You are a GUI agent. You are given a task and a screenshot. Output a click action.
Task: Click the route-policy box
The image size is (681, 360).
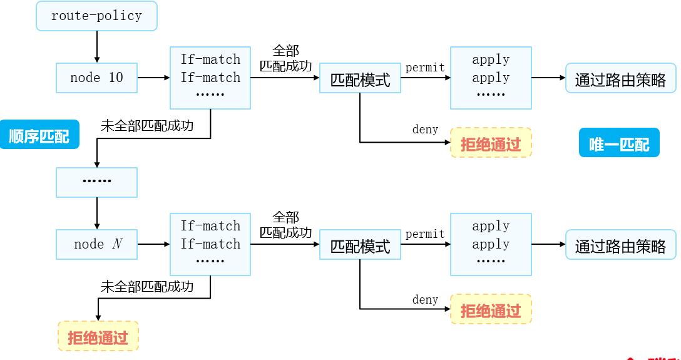pyautogui.click(x=96, y=16)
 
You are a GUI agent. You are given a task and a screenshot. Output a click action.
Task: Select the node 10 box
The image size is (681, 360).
pyautogui.click(x=96, y=78)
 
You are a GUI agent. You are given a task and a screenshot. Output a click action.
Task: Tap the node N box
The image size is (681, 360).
pyautogui.click(x=96, y=244)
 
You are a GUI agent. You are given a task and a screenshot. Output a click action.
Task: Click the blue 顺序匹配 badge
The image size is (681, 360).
pyautogui.click(x=39, y=135)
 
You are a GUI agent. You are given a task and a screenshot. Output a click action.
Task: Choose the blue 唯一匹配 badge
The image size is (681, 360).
pyautogui.click(x=619, y=143)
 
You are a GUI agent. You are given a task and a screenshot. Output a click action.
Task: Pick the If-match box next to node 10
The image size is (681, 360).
pyautogui.click(x=210, y=77)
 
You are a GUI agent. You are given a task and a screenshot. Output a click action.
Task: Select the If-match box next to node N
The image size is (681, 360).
pyautogui.click(x=210, y=244)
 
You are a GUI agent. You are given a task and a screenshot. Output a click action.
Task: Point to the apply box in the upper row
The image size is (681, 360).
pyautogui.click(x=491, y=77)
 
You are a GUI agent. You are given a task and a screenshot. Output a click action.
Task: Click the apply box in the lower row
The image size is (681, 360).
pyautogui.click(x=491, y=244)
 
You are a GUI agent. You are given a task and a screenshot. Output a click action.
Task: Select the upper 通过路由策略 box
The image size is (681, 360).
pyautogui.click(x=620, y=78)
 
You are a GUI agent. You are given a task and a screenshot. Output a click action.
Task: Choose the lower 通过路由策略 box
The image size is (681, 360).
pyautogui.click(x=620, y=245)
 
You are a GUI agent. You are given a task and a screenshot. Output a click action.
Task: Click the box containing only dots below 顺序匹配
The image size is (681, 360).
pyautogui.click(x=96, y=182)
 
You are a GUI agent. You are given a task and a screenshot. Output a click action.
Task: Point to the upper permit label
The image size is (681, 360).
pyautogui.click(x=425, y=68)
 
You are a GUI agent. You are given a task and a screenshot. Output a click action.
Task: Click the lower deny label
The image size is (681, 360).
pyautogui.click(x=425, y=300)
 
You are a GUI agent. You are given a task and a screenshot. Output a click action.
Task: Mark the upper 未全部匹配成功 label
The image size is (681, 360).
pyautogui.click(x=147, y=126)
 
